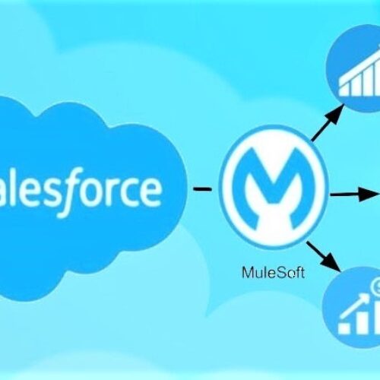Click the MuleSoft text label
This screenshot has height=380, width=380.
(274, 273)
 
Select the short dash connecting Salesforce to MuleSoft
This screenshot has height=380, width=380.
(202, 189)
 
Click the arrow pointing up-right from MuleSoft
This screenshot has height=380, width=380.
(328, 122)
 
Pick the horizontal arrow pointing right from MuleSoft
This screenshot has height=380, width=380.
(354, 195)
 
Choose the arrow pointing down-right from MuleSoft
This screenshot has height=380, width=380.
(324, 256)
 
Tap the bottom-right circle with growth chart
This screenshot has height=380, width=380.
(353, 307)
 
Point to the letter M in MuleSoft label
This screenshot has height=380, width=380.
(248, 273)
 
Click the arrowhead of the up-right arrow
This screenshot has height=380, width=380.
(337, 112)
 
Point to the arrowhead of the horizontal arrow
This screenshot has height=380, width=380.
(369, 195)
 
